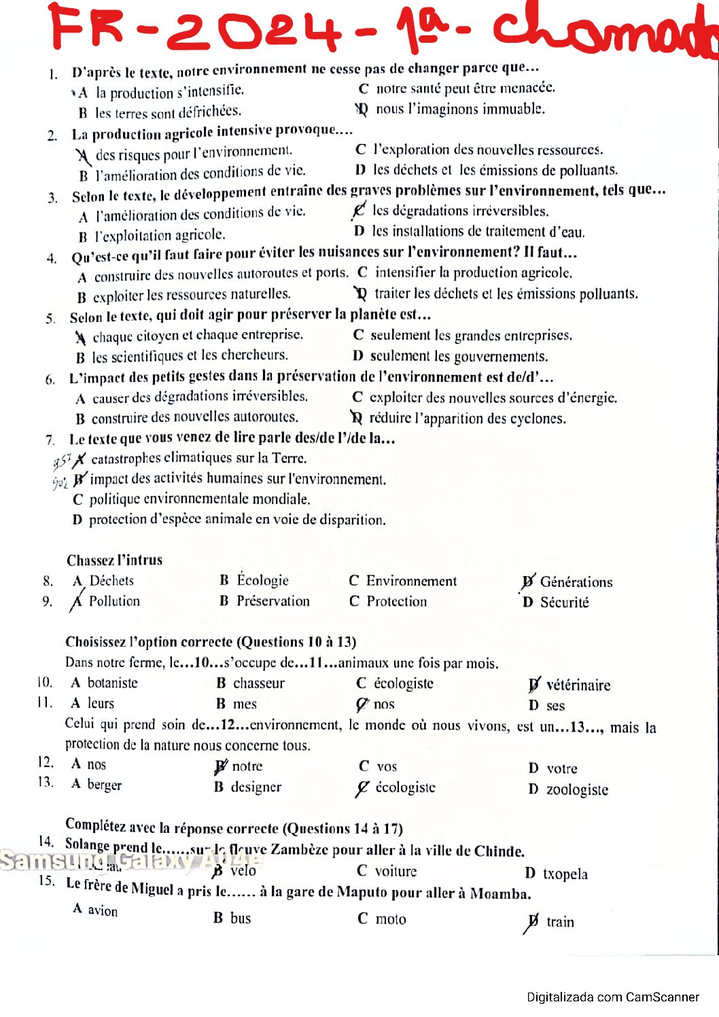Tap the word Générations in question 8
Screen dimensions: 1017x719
coord(576,582)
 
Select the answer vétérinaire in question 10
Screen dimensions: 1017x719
coord(578,685)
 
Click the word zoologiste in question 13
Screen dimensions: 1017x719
coord(577,789)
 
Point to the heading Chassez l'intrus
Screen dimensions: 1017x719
coord(114,560)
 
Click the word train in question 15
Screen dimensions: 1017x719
coord(560,922)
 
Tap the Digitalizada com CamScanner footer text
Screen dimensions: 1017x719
coord(612,997)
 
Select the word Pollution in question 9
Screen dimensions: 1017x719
coord(114,601)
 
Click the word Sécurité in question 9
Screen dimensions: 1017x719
coord(564,603)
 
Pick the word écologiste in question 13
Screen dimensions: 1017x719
coord(405,787)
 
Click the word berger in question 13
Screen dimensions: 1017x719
coord(105,785)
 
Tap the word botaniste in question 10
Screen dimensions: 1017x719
coord(112,683)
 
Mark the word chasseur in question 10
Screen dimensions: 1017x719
coord(259,683)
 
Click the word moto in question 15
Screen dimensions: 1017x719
coord(391,919)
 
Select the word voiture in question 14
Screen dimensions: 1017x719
coord(396,872)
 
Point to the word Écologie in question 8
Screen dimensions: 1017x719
coord(262,580)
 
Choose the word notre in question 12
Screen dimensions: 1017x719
coord(247,766)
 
